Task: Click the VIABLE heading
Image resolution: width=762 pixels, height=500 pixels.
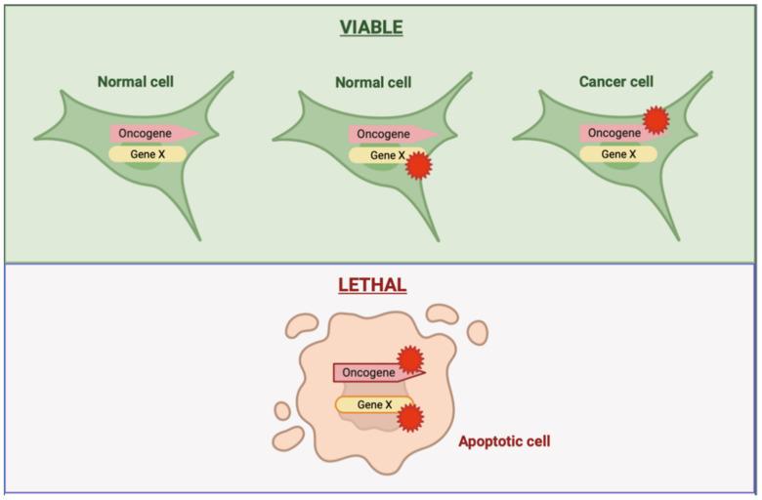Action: (371, 26)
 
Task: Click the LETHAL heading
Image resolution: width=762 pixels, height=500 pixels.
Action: (371, 285)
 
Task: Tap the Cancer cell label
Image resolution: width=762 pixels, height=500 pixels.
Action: (615, 82)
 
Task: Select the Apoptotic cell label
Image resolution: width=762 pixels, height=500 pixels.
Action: (504, 441)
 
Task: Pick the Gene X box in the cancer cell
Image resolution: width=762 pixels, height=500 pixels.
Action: (618, 154)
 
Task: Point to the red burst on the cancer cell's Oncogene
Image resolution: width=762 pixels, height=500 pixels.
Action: (656, 119)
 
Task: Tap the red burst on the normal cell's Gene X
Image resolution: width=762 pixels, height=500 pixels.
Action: (418, 166)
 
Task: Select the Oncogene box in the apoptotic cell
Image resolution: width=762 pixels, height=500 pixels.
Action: (369, 372)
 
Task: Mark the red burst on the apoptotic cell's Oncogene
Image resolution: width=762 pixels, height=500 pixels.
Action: (410, 359)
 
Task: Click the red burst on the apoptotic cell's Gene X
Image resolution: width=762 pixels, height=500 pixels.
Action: (411, 417)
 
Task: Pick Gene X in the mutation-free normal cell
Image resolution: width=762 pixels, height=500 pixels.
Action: (147, 154)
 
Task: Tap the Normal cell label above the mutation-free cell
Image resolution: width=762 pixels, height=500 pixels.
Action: (137, 82)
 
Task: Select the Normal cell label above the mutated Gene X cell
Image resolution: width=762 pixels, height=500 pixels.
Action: (374, 82)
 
